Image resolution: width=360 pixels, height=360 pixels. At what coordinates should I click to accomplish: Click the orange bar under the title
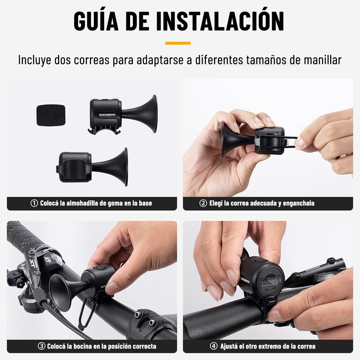(x=178, y=43)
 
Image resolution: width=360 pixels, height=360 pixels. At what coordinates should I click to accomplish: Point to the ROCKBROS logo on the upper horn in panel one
(x=106, y=115)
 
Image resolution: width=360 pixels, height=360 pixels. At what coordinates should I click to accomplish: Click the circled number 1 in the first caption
(x=34, y=203)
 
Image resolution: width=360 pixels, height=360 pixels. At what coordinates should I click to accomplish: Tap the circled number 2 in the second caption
(x=203, y=203)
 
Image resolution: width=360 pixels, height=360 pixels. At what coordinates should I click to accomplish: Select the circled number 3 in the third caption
(x=41, y=346)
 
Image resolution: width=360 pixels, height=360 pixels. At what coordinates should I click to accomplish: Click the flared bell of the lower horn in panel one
(x=123, y=167)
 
